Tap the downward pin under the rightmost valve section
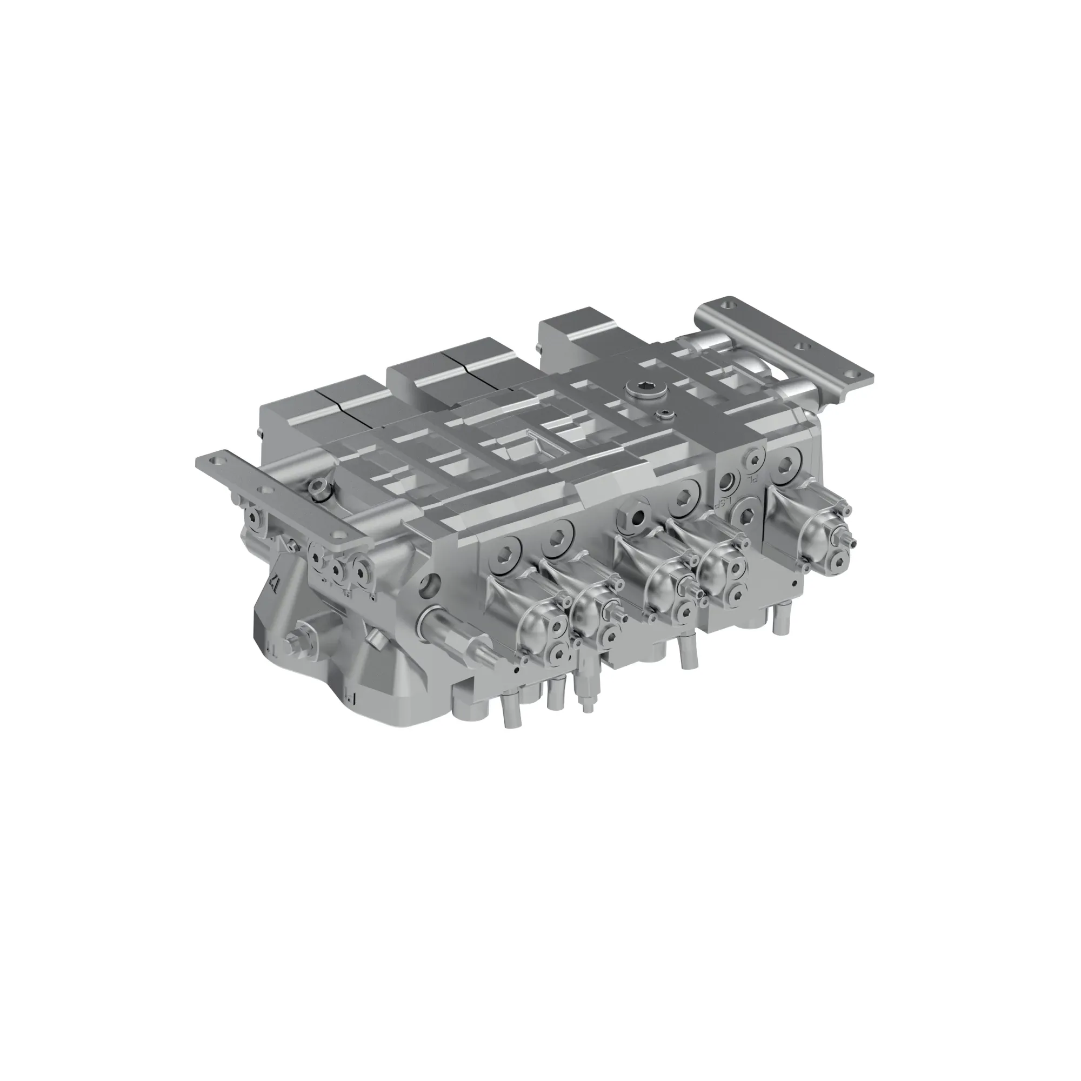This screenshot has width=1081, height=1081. click(x=778, y=621)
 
